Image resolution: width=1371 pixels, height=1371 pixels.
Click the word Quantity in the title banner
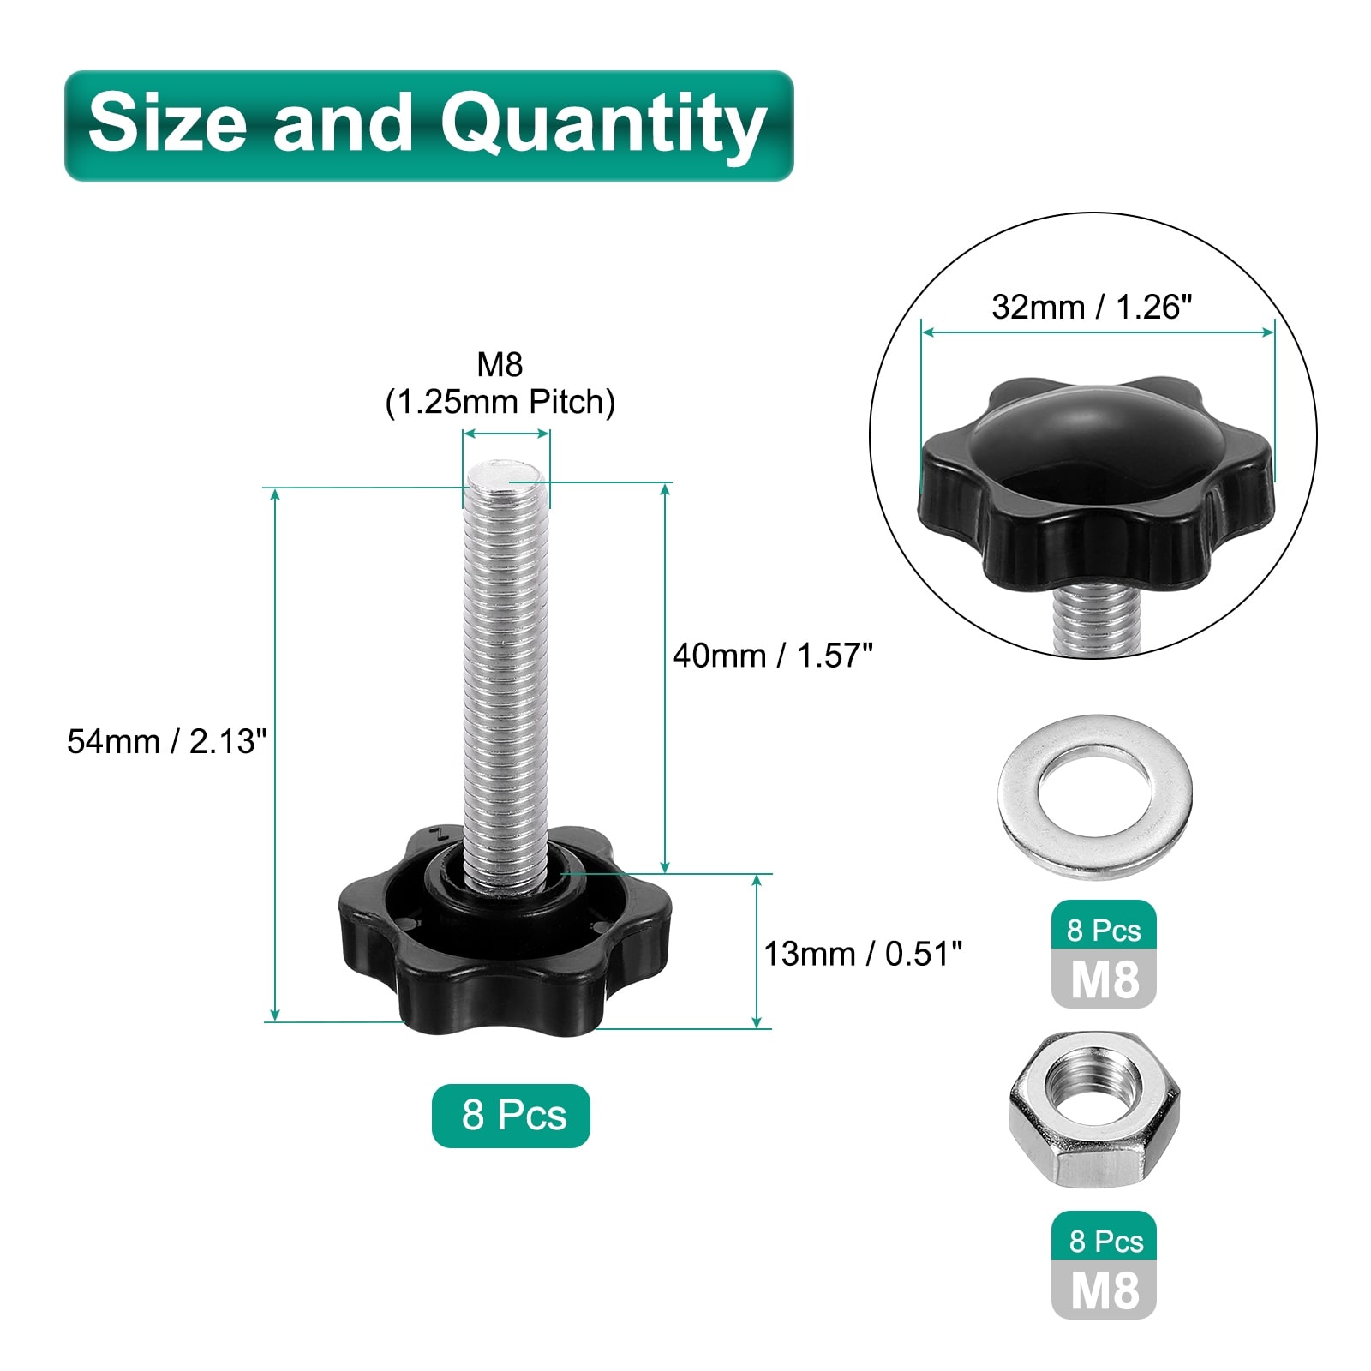603,125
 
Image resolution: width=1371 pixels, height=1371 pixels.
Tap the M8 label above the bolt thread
500,364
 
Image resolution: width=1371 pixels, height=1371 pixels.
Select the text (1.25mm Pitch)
500,402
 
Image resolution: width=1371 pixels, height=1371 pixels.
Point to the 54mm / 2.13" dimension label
167,741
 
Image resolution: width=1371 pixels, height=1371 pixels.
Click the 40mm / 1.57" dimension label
773,656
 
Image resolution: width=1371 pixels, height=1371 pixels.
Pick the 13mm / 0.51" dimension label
863,954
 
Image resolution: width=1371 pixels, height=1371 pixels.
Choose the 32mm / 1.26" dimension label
1093,307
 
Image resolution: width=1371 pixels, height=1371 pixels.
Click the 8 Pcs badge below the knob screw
512,1116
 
